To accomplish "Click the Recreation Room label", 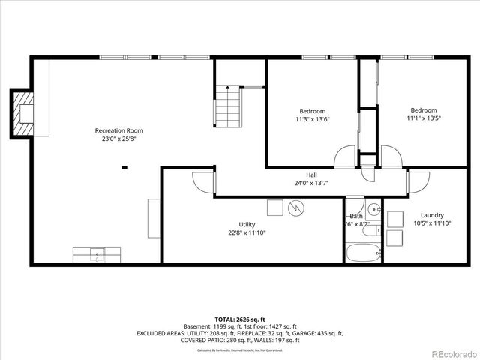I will [x=118, y=130].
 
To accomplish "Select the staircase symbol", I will [x=228, y=106].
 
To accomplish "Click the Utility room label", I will [x=247, y=224].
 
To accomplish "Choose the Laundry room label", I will [x=432, y=214].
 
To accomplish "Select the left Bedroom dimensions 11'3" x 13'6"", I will [x=313, y=118].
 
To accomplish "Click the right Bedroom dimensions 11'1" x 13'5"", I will [x=424, y=118].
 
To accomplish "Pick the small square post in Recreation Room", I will [x=125, y=167].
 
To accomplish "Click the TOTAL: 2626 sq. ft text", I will [x=239, y=317].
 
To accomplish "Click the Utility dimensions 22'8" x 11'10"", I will [x=247, y=232].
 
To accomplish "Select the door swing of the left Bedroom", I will [x=344, y=156].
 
